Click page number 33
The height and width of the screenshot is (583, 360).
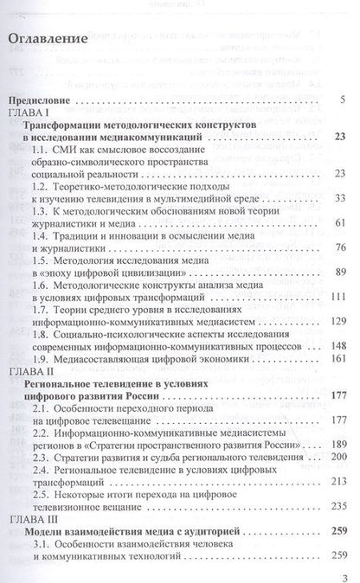(339, 197)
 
